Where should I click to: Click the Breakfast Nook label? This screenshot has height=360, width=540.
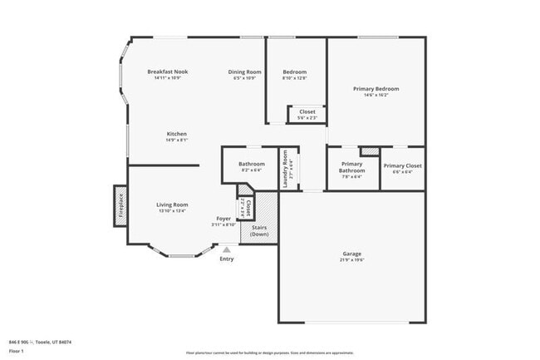click(168, 72)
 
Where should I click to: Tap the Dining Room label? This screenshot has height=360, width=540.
click(245, 72)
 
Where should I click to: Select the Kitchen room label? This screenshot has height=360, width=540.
click(176, 134)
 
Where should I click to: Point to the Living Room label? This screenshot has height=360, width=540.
click(173, 205)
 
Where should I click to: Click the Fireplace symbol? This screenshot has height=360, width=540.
click(120, 205)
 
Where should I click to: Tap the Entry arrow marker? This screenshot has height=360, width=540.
click(226, 249)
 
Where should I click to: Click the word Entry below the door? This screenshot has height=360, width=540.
click(226, 259)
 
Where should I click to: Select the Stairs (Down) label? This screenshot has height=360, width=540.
click(259, 230)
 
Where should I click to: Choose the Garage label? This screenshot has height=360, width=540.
click(352, 253)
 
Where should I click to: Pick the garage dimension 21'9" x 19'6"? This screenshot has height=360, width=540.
click(352, 259)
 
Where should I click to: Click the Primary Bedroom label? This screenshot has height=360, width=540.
click(376, 89)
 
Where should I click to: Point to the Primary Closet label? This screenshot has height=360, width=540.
click(402, 165)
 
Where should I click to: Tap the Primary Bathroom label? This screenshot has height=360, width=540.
click(352, 167)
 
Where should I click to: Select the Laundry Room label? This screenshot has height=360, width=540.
click(285, 167)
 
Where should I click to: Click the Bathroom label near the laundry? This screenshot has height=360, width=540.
click(252, 164)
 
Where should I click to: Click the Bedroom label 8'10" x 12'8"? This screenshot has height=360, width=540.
click(295, 72)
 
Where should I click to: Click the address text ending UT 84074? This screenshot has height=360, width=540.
click(40, 342)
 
